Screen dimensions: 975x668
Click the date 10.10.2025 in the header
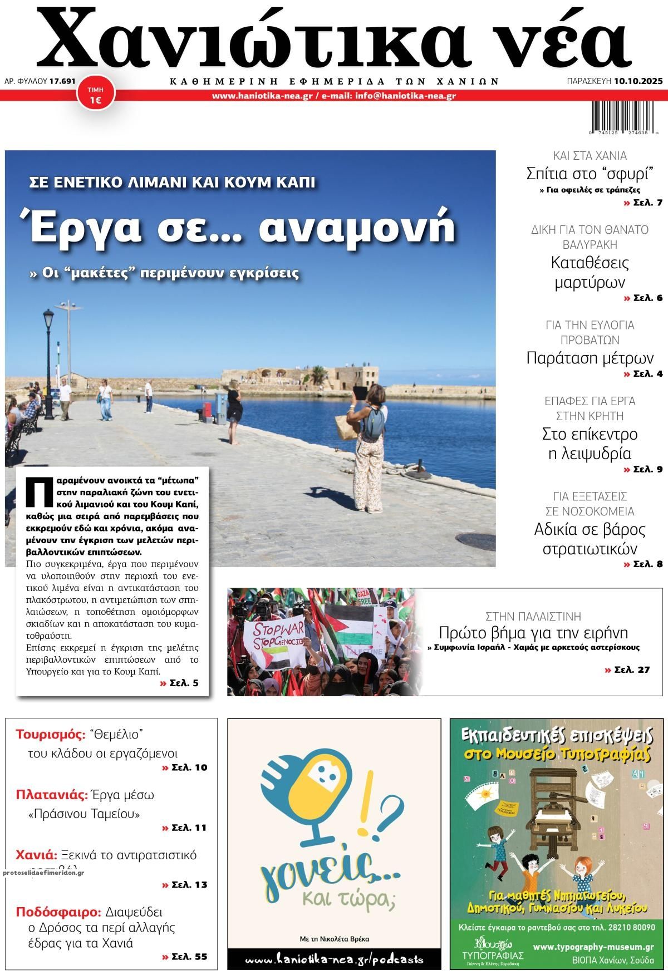(x=638, y=81)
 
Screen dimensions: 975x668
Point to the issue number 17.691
(x=62, y=81)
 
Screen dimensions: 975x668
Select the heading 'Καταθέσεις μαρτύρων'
(x=590, y=272)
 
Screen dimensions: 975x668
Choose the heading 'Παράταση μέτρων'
(x=590, y=357)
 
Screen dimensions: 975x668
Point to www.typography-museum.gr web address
(x=593, y=947)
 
